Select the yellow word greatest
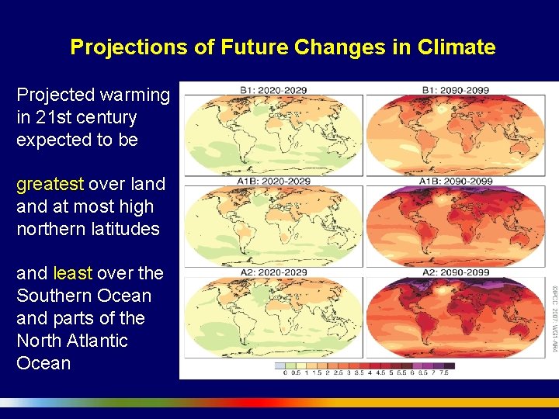click(x=50, y=185)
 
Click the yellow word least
click(x=72, y=273)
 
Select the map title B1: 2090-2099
click(x=456, y=90)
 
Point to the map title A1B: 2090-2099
click(x=456, y=182)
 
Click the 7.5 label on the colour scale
click(x=443, y=373)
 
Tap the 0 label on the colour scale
click(x=284, y=373)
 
